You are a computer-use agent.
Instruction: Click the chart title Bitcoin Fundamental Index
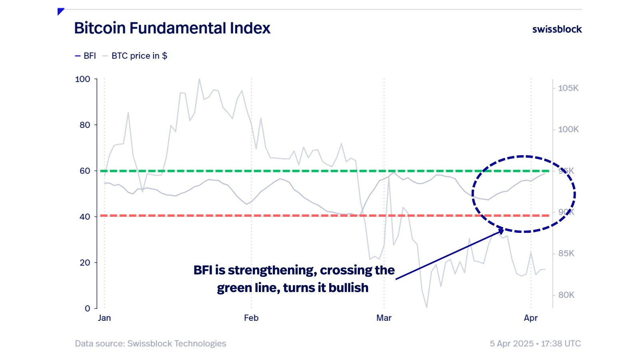click(172, 28)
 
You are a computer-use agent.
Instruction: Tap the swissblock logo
click(557, 29)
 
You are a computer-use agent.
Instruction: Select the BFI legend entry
click(86, 56)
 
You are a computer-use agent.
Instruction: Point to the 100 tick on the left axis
click(83, 79)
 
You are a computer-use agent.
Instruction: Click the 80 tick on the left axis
click(85, 125)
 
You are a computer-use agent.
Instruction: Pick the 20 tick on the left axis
click(85, 262)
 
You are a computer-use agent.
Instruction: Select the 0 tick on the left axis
click(87, 308)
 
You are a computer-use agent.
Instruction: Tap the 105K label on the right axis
click(568, 88)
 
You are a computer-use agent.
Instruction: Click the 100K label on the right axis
click(568, 129)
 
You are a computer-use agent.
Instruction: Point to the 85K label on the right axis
click(566, 253)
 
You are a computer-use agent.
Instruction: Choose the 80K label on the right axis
click(566, 295)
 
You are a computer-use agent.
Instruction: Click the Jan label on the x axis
click(104, 318)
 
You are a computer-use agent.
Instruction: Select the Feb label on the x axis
click(251, 318)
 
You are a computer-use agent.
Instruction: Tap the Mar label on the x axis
click(384, 318)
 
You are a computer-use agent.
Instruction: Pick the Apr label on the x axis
click(531, 318)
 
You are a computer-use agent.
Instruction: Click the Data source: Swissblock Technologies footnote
click(150, 344)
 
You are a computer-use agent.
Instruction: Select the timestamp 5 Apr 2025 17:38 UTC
click(535, 344)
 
